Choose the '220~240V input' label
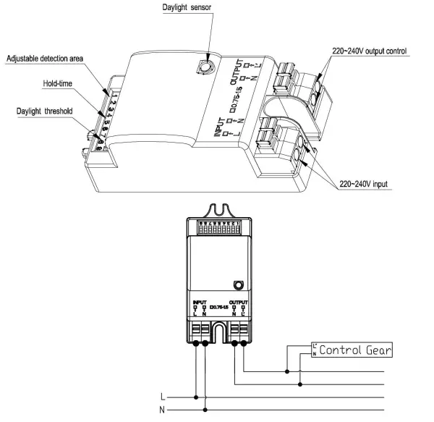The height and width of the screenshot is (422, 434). [364, 185]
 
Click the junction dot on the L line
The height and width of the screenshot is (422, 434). [196, 397]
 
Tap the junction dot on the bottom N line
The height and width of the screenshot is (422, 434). [206, 409]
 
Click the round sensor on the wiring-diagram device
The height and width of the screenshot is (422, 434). [237, 284]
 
